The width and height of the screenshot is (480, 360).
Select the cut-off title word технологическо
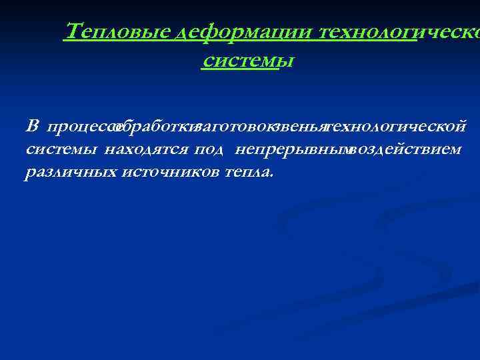pyautogui.click(x=400, y=31)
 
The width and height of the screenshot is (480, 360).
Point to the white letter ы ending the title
pyautogui.click(x=286, y=61)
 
